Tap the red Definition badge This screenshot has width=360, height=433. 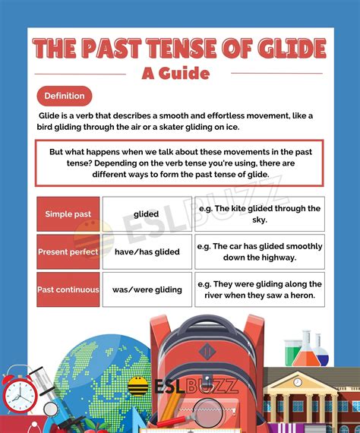click(x=65, y=96)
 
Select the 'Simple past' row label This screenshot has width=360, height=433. click(x=68, y=214)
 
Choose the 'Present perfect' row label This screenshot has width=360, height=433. click(x=68, y=251)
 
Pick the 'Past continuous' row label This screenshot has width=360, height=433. click(x=68, y=289)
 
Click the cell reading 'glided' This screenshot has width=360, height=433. click(x=146, y=214)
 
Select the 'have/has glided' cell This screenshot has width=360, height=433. click(x=146, y=251)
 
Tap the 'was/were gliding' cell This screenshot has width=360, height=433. click(x=146, y=289)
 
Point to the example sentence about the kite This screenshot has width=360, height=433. click(x=259, y=213)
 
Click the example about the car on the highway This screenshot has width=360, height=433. click(x=259, y=251)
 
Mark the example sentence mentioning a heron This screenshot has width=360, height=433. click(x=259, y=289)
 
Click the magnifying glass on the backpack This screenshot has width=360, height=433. click(x=206, y=414)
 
